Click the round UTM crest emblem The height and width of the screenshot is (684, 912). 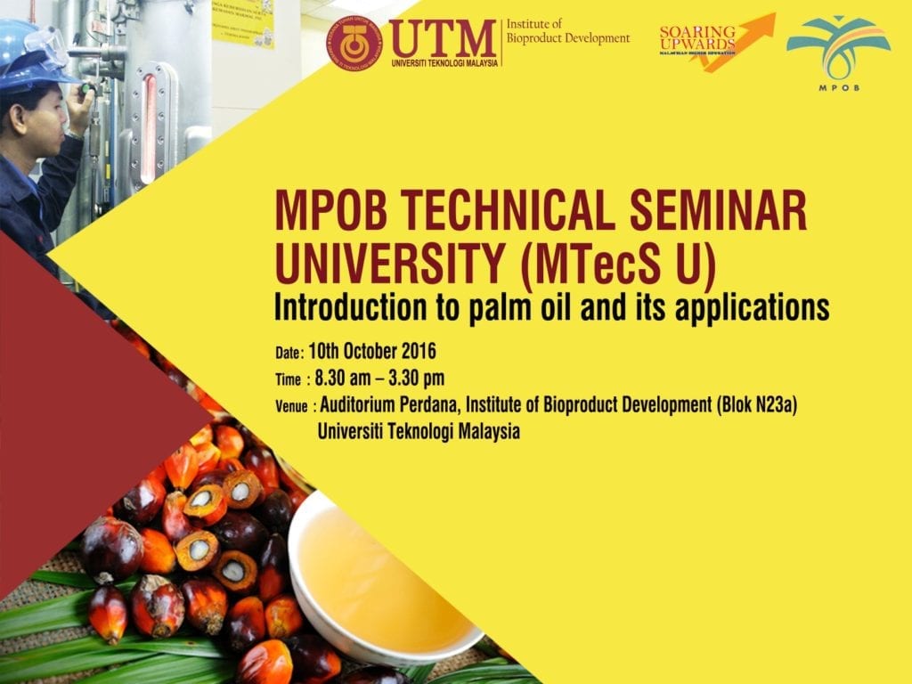(x=354, y=43)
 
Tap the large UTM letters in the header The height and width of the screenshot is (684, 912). (x=443, y=38)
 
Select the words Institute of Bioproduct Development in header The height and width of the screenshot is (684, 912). (x=567, y=32)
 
